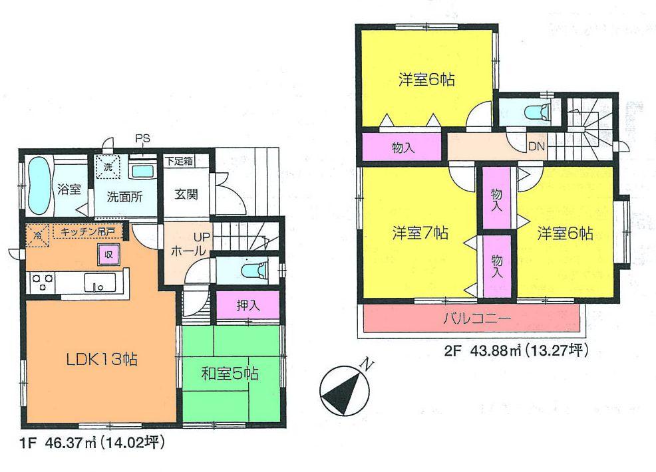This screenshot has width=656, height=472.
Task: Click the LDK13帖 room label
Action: coord(102,360)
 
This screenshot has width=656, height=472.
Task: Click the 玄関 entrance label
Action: coord(186,195)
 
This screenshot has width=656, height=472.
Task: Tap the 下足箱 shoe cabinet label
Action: coord(179,161)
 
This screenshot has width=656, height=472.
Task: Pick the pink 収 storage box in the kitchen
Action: coord(107,254)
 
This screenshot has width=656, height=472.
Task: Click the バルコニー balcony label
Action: coord(477,319)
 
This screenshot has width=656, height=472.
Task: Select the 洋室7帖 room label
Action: coord(419,233)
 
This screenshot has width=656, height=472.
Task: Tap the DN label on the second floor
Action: coord(536,146)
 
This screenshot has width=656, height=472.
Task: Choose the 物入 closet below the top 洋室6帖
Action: coord(403,147)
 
